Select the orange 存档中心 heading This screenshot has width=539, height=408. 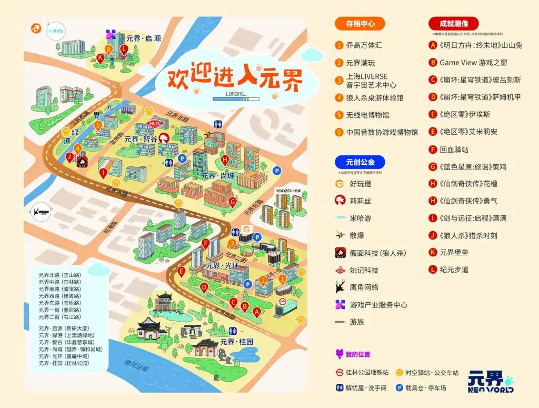click(360, 23)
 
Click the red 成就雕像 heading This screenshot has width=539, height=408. click(453, 23)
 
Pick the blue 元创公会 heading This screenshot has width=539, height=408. click(360, 162)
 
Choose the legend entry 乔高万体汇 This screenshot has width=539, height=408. click(364, 45)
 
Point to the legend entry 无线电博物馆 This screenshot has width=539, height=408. click(367, 115)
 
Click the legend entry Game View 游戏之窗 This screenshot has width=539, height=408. click(473, 63)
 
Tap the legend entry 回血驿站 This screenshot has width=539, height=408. click(454, 149)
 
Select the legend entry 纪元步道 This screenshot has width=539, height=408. click(454, 270)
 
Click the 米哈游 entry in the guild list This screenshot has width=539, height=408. click(361, 218)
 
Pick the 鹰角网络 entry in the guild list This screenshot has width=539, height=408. click(364, 287)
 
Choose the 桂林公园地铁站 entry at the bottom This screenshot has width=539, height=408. click(367, 372)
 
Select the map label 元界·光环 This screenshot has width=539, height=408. click(223, 266)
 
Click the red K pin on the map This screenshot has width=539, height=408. click(101, 58)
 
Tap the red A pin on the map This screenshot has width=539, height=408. click(256, 312)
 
